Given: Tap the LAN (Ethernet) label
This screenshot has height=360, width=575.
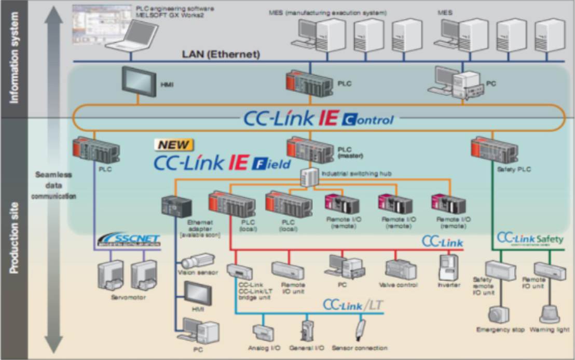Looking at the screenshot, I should (x=221, y=54).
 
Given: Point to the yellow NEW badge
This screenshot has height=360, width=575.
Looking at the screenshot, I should (x=174, y=145).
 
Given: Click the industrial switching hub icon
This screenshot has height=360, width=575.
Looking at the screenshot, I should (x=309, y=178).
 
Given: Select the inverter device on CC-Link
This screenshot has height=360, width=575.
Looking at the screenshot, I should (x=447, y=268).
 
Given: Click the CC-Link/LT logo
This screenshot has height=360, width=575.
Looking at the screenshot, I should (x=353, y=305).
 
